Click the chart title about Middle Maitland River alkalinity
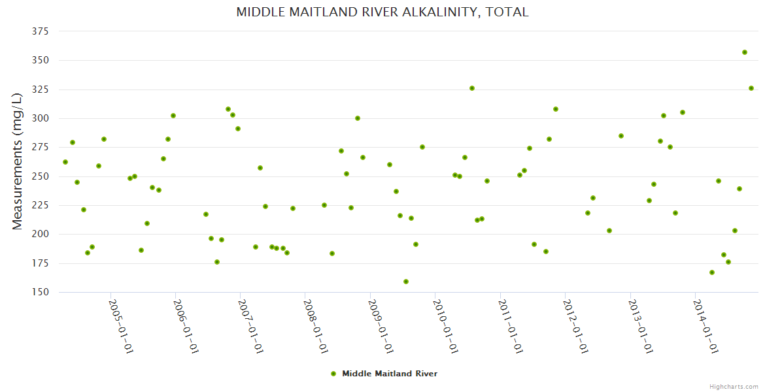pos(382,12)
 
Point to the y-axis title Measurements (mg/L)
pos(18,161)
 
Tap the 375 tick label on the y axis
pos(41,31)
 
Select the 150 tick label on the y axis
pos(41,292)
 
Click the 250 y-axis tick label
pos(41,176)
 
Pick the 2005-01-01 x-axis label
pos(121,326)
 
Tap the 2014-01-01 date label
pos(705,326)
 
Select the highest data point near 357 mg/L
pos(745,52)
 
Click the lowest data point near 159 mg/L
pos(406,282)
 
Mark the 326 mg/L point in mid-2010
pos(472,88)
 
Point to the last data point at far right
pos(751,88)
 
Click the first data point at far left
pos(65,162)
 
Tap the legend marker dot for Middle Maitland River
pos(333,374)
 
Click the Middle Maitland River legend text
pos(390,374)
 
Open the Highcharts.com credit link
pos(734,387)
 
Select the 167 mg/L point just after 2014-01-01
pos(712,272)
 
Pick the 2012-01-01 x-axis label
pos(575,326)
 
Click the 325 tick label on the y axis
pos(41,90)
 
